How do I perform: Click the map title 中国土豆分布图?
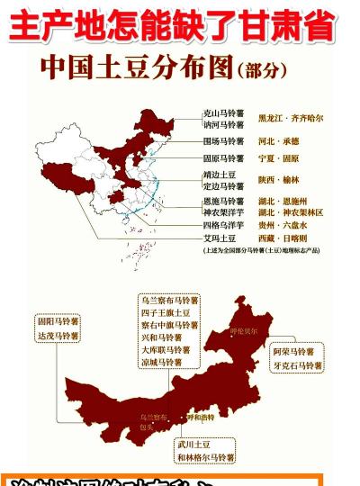pyautogui.click(x=135, y=68)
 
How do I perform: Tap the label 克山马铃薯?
pyautogui.click(x=223, y=113)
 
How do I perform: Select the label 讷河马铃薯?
pyautogui.click(x=223, y=125)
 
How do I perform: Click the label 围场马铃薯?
pyautogui.click(x=223, y=141)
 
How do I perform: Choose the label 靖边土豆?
pyautogui.click(x=220, y=175)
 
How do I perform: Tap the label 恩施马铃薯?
pyautogui.click(x=223, y=201)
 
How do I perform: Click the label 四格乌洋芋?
pyautogui.click(x=223, y=225)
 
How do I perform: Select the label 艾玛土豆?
pyautogui.click(x=220, y=238)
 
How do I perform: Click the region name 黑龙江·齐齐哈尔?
pyautogui.click(x=291, y=118)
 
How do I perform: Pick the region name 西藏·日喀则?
pyautogui.click(x=283, y=238)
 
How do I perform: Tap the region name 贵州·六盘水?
pyautogui.click(x=283, y=225)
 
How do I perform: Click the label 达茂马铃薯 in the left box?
pyautogui.click(x=58, y=335)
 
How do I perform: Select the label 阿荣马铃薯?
pyautogui.click(x=294, y=352)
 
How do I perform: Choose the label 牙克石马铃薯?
pyautogui.click(x=297, y=366)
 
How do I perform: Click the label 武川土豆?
pyautogui.click(x=193, y=444)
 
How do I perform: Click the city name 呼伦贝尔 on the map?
pyautogui.click(x=244, y=331)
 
